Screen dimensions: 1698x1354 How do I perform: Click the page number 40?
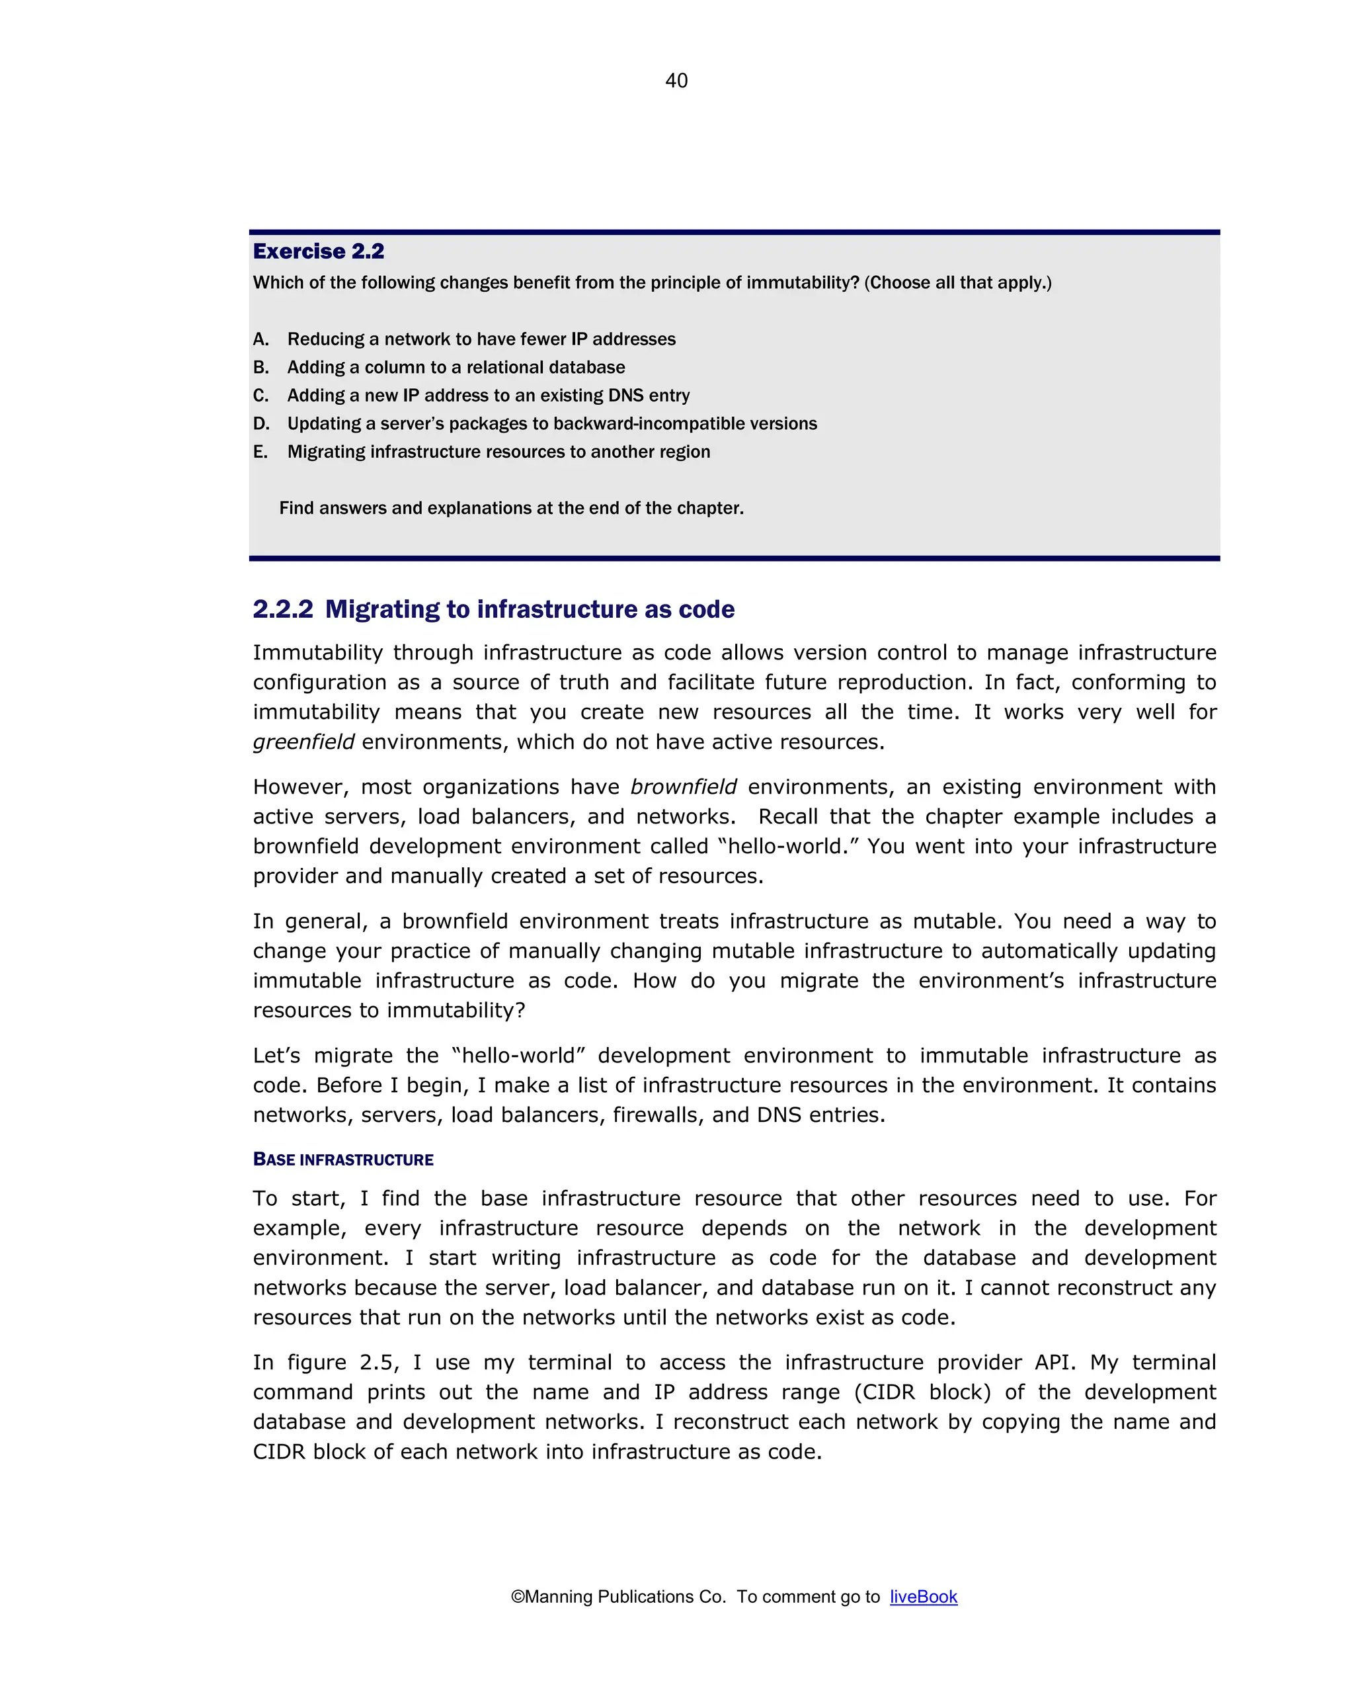tap(676, 80)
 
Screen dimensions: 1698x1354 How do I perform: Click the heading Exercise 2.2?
tap(318, 251)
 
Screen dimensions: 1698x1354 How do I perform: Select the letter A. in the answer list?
tap(260, 339)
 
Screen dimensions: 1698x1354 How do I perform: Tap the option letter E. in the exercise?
tap(260, 452)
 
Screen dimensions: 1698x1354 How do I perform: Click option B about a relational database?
tap(456, 368)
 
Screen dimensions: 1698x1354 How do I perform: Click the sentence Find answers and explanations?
tap(511, 509)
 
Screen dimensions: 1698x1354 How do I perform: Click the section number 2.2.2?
tap(282, 610)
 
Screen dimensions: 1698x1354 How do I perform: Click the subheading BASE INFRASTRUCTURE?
tap(343, 1160)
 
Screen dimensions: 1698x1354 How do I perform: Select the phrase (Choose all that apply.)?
tap(957, 282)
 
